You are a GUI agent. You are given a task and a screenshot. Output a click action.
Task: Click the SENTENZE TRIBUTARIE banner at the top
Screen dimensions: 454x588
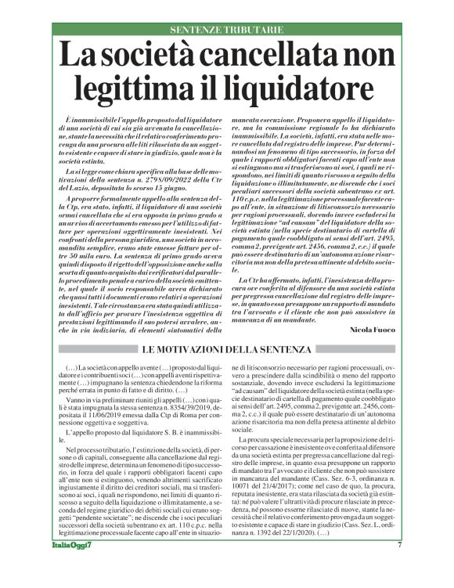227,29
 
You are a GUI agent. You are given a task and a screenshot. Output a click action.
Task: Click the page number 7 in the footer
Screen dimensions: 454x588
399,567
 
